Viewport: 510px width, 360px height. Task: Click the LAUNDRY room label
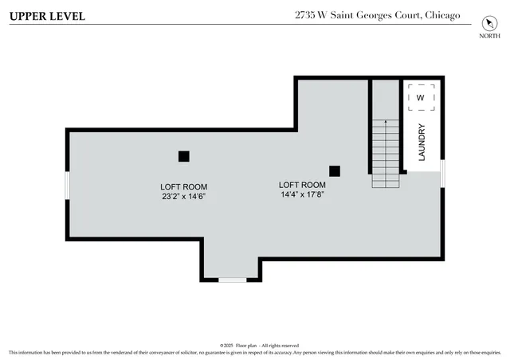pyautogui.click(x=422, y=143)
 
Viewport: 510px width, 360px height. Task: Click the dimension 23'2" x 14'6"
pyautogui.click(x=184, y=196)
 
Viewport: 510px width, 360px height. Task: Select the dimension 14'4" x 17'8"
pyautogui.click(x=302, y=194)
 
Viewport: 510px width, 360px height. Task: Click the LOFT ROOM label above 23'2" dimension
pyautogui.click(x=184, y=186)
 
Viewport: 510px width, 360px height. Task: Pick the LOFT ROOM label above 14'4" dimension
pyautogui.click(x=302, y=184)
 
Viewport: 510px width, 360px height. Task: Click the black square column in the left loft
pyautogui.click(x=184, y=156)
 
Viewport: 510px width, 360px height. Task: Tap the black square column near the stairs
pyautogui.click(x=335, y=170)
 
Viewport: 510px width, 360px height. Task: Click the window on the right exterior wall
pyautogui.click(x=442, y=171)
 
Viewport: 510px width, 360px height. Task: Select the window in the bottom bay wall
pyautogui.click(x=232, y=280)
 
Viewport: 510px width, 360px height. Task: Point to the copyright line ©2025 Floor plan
pyautogui.click(x=254, y=345)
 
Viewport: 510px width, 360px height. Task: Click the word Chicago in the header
pyautogui.click(x=442, y=15)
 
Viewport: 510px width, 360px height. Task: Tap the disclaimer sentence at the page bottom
pyautogui.click(x=254, y=352)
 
